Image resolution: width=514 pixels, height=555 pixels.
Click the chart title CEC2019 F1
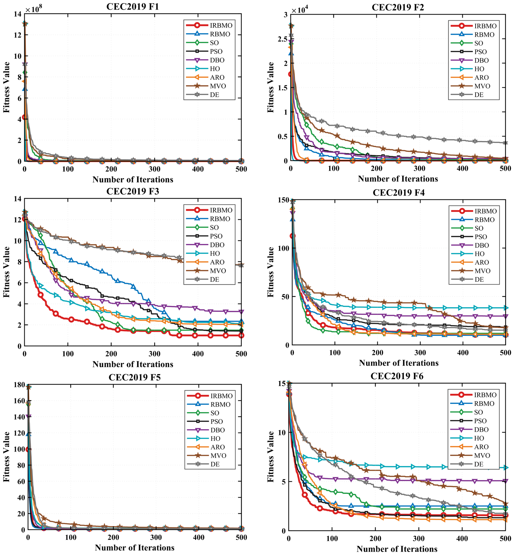click(133, 6)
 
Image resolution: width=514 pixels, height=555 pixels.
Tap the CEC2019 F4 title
click(399, 193)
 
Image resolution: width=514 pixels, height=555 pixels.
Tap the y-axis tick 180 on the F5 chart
click(19, 385)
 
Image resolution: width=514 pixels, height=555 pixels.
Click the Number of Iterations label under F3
click(133, 364)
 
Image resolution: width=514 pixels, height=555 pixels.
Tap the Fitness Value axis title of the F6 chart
click(270, 456)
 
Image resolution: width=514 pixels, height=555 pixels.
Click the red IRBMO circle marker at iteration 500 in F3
click(241, 335)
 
